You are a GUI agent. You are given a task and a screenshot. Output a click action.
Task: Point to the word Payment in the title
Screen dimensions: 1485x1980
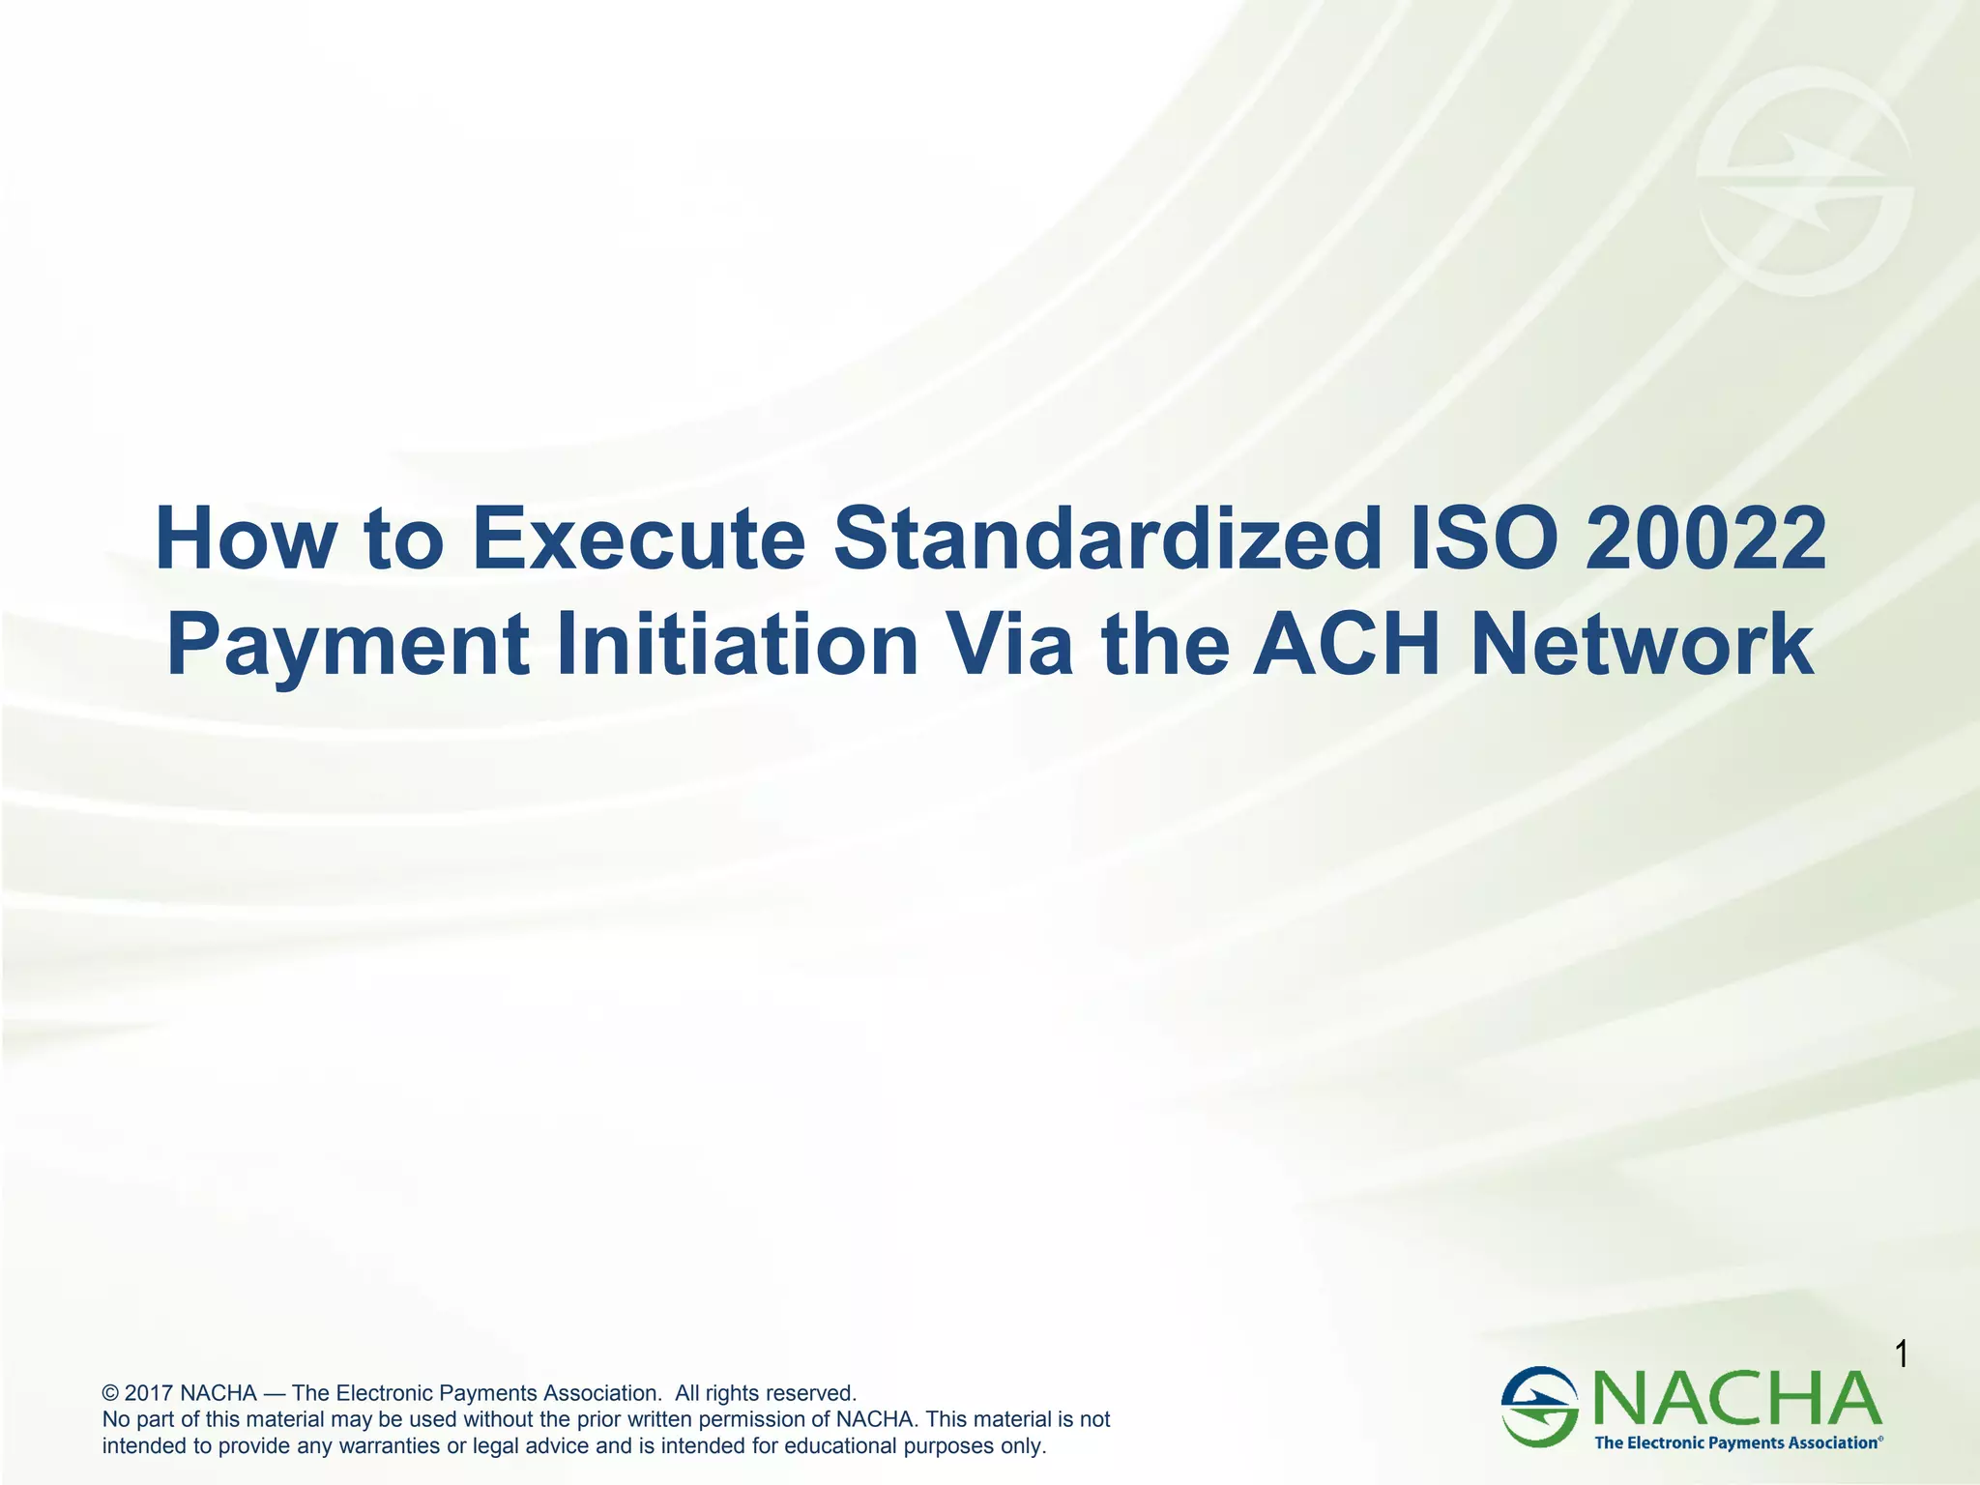tap(348, 646)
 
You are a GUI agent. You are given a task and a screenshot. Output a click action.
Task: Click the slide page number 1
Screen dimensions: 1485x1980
tap(1901, 1354)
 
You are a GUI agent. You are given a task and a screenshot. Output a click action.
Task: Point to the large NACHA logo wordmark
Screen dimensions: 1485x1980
tap(1735, 1399)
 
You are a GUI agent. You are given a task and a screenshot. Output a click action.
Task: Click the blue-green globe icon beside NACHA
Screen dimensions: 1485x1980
tap(1539, 1406)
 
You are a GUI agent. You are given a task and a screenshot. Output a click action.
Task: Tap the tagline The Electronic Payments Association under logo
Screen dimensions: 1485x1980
tap(1736, 1442)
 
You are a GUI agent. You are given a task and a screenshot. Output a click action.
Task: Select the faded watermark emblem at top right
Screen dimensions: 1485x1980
tap(1804, 182)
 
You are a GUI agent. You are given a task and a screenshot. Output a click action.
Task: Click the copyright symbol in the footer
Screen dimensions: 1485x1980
tap(110, 1393)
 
